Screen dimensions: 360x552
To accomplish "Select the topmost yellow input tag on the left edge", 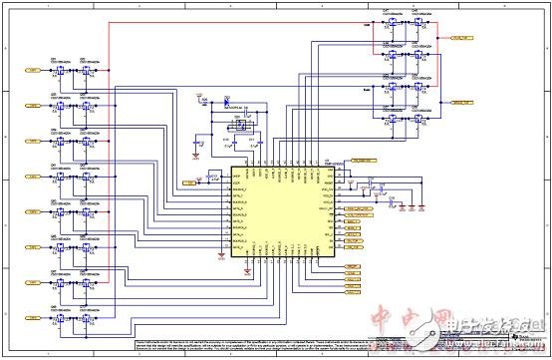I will click(x=33, y=71).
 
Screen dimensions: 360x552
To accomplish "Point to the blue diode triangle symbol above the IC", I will click(x=227, y=102).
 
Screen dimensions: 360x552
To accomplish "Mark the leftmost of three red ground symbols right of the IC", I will click(x=391, y=207).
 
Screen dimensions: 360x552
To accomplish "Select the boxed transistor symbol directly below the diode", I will click(x=238, y=124).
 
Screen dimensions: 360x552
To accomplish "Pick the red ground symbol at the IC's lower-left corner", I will click(x=220, y=261).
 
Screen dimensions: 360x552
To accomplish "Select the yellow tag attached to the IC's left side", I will click(x=189, y=182).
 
